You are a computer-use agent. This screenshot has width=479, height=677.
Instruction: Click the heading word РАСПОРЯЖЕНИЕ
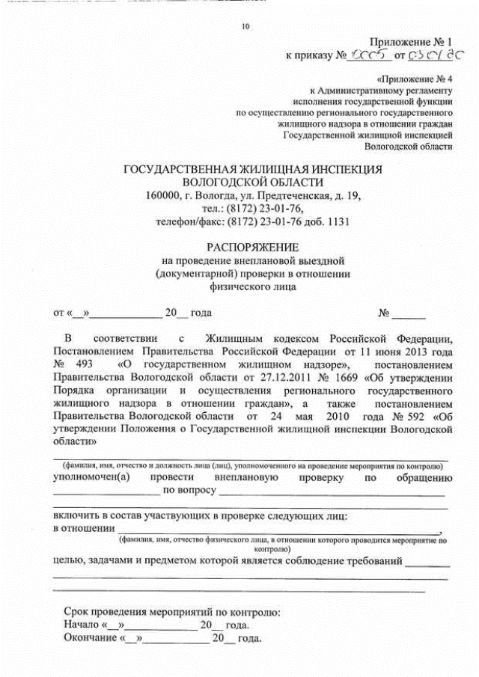(x=252, y=247)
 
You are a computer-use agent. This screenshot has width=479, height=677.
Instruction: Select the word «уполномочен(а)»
(x=90, y=477)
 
